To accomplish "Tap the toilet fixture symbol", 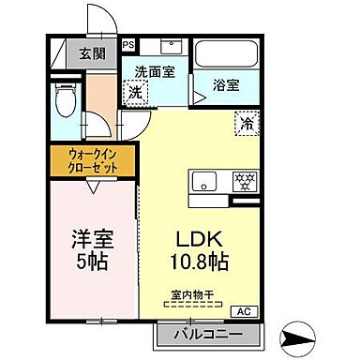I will tap(65, 100).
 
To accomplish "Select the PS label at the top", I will tap(127, 43).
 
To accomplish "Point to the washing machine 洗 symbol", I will tap(136, 93).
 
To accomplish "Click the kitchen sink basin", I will tap(203, 181).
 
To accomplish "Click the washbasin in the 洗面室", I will tap(171, 48).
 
